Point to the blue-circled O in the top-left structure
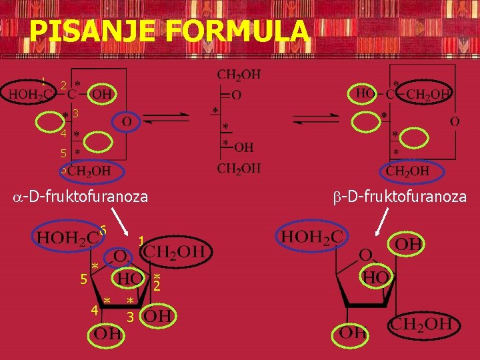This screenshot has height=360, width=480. [126, 122]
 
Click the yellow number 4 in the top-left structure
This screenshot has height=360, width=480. [62, 134]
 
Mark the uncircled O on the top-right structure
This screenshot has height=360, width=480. [455, 122]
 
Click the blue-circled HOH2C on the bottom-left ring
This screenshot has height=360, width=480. [69, 236]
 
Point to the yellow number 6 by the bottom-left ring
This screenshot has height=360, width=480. [103, 229]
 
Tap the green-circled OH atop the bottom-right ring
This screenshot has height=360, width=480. [408, 245]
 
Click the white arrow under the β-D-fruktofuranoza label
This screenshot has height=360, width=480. [383, 221]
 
